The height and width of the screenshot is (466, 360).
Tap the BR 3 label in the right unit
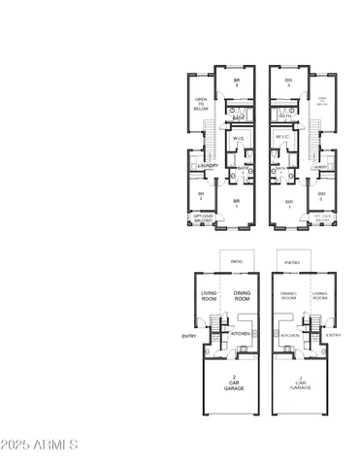[x=287, y=83]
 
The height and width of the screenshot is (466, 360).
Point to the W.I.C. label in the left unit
[x=239, y=139]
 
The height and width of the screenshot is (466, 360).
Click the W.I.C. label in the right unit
[x=283, y=139]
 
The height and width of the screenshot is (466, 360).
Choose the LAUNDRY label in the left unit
[x=208, y=166]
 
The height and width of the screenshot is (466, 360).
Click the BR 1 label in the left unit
[x=235, y=203]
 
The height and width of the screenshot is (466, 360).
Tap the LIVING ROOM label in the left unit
[x=209, y=296]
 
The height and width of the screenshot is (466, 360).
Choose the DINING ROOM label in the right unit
[x=288, y=296]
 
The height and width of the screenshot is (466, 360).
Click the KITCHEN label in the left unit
[x=241, y=333]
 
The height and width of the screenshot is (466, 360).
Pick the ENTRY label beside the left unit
[x=188, y=338]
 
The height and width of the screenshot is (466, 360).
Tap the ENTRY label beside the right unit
[x=334, y=334]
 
